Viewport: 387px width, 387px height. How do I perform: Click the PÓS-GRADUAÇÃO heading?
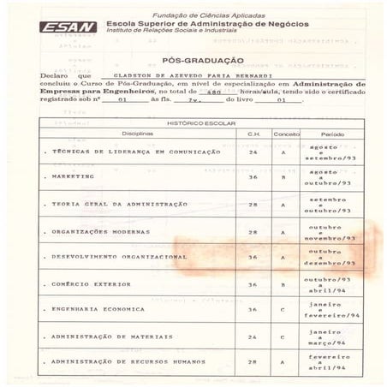click(202, 60)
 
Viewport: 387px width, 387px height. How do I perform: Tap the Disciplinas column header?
click(137, 135)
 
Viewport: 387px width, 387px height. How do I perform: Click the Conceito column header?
click(286, 135)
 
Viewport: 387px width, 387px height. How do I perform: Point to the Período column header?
click(332, 135)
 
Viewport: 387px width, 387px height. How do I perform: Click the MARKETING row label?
click(73, 176)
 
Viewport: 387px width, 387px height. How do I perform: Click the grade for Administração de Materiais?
click(282, 336)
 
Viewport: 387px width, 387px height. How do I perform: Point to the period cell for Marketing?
click(331, 176)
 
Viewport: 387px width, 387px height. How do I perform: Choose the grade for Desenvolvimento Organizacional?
click(282, 257)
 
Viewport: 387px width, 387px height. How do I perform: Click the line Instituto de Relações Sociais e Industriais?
click(170, 33)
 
